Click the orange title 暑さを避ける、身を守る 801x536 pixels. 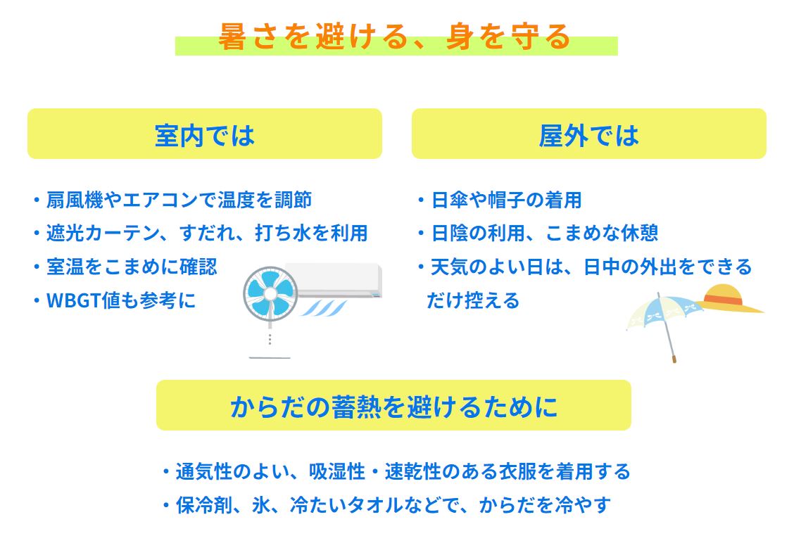pyautogui.click(x=394, y=37)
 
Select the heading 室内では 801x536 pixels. pyautogui.click(x=204, y=136)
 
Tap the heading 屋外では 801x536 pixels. pyautogui.click(x=588, y=136)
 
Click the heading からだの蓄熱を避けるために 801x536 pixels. pyautogui.click(x=393, y=407)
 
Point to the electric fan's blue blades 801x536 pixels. pyautogui.click(x=270, y=293)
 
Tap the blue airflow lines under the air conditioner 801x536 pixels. pyautogui.click(x=324, y=308)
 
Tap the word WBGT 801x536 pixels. pyautogui.click(x=74, y=300)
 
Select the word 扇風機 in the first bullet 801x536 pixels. pyautogui.click(x=75, y=200)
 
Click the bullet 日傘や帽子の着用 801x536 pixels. pyautogui.click(x=506, y=200)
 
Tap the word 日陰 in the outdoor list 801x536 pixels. pyautogui.click(x=450, y=234)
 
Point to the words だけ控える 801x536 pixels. pyautogui.click(x=473, y=300)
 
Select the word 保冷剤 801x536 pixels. pyautogui.click(x=204, y=505)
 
